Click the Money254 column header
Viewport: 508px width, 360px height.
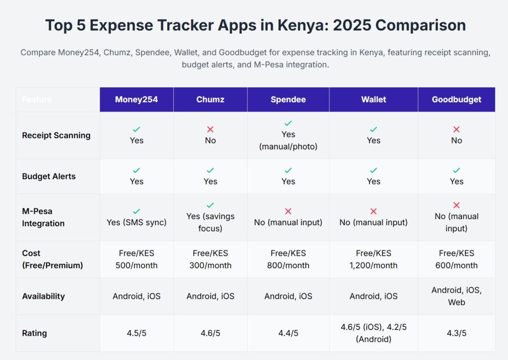click(x=136, y=100)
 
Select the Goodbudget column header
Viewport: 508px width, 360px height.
click(x=456, y=100)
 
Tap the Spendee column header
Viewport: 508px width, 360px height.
click(x=288, y=100)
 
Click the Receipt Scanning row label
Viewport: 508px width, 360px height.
click(x=56, y=135)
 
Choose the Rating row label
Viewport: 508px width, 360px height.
click(x=34, y=333)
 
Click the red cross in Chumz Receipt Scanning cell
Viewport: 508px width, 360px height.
click(x=210, y=129)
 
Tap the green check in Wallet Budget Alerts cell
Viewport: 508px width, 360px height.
click(x=374, y=171)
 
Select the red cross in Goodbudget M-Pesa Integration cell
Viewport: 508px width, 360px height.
click(x=456, y=205)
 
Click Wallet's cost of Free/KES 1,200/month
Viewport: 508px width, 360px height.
click(x=374, y=259)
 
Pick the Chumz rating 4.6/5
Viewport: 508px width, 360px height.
click(x=210, y=333)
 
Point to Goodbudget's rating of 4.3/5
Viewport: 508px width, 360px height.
click(x=456, y=333)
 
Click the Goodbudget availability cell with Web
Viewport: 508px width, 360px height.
click(x=456, y=296)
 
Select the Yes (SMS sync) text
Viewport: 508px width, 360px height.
click(x=136, y=223)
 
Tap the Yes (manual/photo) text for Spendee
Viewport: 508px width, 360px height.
click(x=288, y=141)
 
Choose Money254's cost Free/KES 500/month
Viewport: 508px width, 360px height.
click(x=136, y=259)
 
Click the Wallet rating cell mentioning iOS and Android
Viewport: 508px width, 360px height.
click(x=374, y=333)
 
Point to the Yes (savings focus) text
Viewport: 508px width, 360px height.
click(x=210, y=223)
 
